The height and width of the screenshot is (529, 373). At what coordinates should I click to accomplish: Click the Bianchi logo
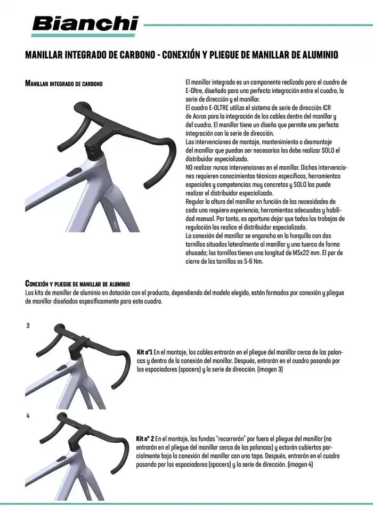coord(85,24)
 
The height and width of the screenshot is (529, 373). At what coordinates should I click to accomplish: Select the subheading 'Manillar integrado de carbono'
coord(64,84)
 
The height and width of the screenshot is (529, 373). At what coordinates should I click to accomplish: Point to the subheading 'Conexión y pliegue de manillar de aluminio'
coord(77,283)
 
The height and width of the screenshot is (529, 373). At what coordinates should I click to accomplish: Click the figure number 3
coord(28,325)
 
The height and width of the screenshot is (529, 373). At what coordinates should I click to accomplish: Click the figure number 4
coord(28,416)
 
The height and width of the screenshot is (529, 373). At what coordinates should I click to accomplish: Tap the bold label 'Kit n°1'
coord(145,353)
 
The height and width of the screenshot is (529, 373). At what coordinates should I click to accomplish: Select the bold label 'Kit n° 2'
coord(146,440)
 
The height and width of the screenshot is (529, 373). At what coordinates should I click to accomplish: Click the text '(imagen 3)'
coord(270,369)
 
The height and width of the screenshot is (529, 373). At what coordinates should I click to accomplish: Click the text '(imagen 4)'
coord(300,465)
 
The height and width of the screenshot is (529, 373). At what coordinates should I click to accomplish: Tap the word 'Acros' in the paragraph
coord(203,116)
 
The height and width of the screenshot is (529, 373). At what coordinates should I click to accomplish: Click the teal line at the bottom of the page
coord(186,503)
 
